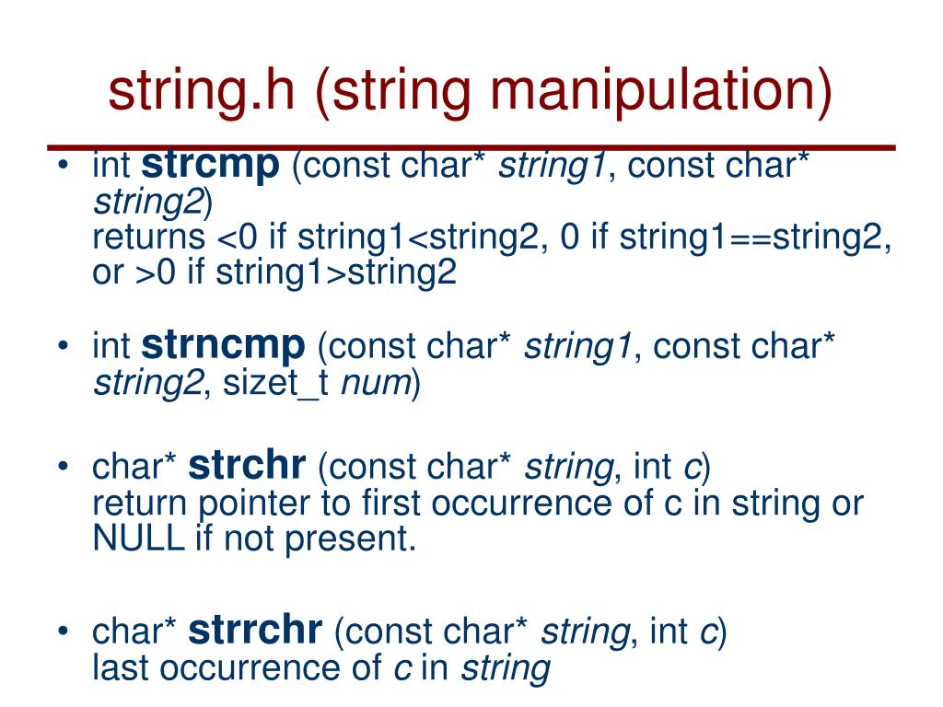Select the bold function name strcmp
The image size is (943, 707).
(x=211, y=165)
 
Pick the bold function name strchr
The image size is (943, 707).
(x=247, y=466)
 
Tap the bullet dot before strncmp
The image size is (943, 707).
(x=62, y=348)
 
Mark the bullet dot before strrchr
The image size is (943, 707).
(x=62, y=633)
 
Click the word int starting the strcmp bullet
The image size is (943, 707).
(x=111, y=167)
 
